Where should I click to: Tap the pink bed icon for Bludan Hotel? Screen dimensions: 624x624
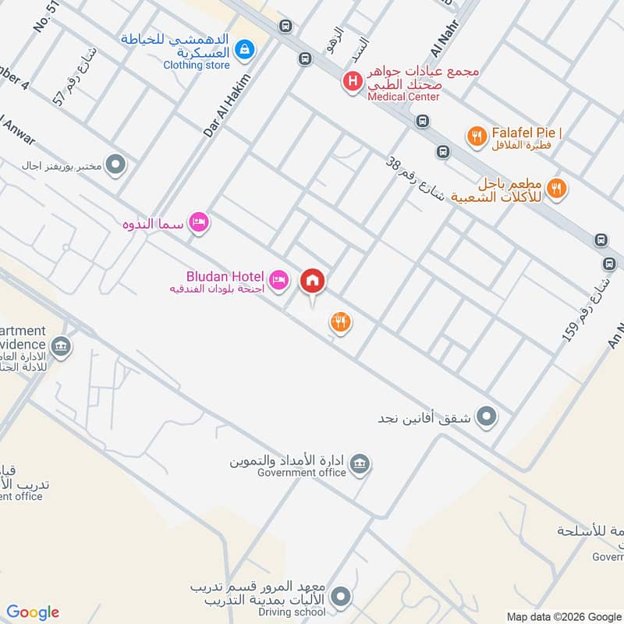click(x=278, y=278)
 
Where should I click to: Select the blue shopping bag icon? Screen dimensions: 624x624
click(x=245, y=50)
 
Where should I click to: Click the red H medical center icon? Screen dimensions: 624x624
click(x=353, y=80)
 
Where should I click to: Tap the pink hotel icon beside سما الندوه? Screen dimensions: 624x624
click(x=199, y=224)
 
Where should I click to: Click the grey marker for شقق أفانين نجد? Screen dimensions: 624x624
click(x=487, y=417)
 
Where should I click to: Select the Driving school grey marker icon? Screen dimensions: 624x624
click(x=340, y=598)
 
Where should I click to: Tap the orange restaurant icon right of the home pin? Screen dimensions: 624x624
click(x=339, y=321)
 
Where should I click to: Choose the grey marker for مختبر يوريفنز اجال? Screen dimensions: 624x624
click(x=115, y=165)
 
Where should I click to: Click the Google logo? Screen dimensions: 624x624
click(x=32, y=612)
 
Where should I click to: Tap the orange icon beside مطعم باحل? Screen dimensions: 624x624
click(x=556, y=187)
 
